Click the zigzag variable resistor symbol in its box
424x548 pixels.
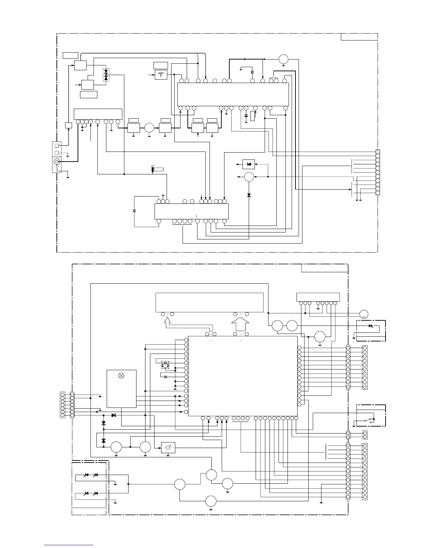(161, 74)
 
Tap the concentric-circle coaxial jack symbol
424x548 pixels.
(56, 161)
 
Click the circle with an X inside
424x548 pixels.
(121, 375)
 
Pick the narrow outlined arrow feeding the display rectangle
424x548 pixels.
(167, 322)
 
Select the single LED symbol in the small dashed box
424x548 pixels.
(371, 326)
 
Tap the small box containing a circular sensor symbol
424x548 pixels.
(168, 448)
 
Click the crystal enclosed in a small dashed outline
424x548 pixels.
(165, 364)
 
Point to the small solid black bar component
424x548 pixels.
(152, 169)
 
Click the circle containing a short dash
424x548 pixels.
(363, 314)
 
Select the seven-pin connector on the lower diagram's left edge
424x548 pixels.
(62, 404)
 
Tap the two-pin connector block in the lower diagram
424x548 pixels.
(364, 435)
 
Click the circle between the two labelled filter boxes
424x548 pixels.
(149, 128)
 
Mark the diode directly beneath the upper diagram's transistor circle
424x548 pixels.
(249, 195)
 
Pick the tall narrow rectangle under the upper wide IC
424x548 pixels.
(252, 116)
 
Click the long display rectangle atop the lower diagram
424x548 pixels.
(210, 302)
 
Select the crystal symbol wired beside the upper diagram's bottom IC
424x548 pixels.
(134, 211)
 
